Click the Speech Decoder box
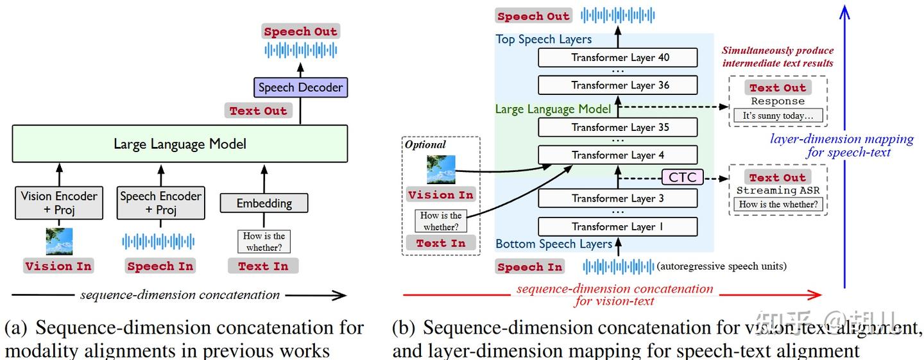[x=300, y=87]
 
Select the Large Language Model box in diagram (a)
[x=180, y=144]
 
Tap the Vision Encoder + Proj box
[x=59, y=203]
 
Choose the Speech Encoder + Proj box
[x=161, y=203]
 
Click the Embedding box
[x=264, y=203]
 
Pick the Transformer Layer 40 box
[x=618, y=57]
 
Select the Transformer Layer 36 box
[x=618, y=85]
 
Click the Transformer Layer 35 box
[x=618, y=128]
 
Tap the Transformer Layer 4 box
[x=618, y=155]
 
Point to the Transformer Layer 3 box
[x=618, y=198]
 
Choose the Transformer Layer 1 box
[x=618, y=227]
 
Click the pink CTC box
[x=682, y=177]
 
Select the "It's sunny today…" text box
[x=778, y=116]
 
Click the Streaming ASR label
[x=778, y=190]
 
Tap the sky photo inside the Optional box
[x=441, y=169]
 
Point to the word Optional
[x=425, y=144]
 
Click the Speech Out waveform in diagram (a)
[x=301, y=51]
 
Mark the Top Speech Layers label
[x=543, y=39]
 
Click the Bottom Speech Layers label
[x=554, y=244]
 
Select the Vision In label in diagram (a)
[x=58, y=266]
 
